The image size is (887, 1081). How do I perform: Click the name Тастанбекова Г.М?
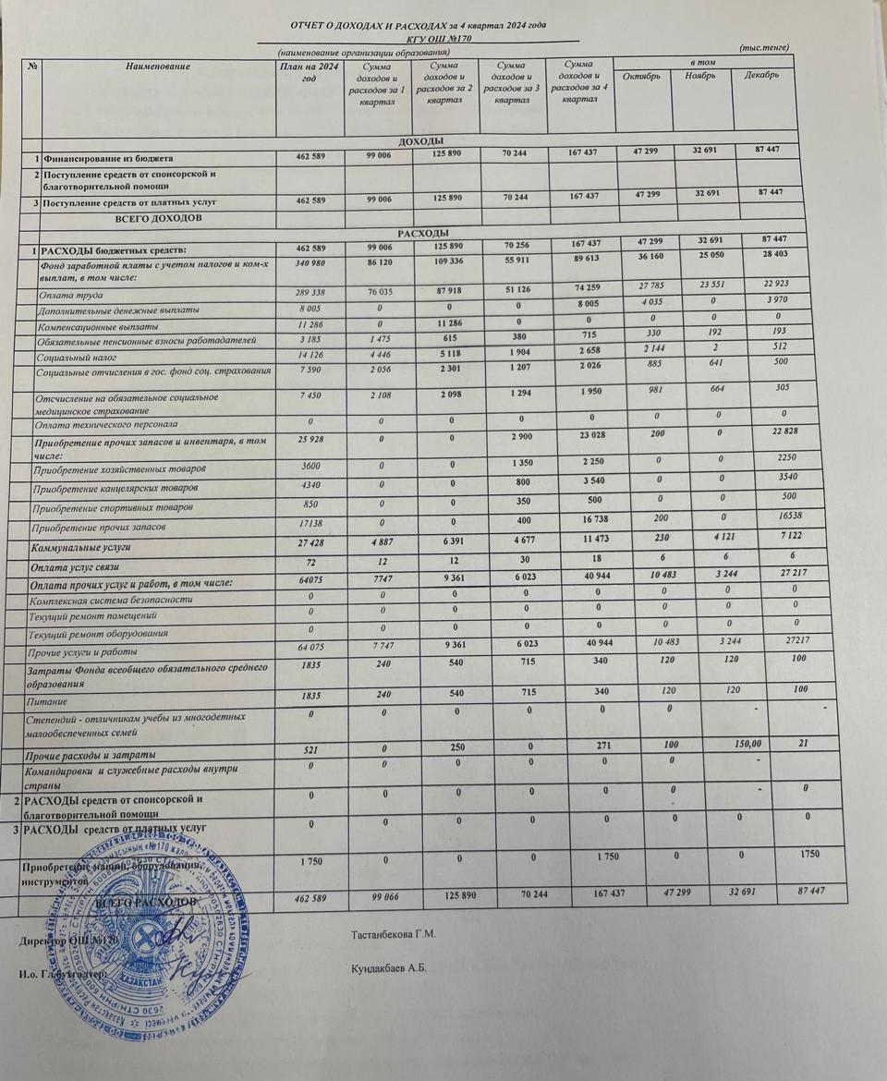tap(393, 934)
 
